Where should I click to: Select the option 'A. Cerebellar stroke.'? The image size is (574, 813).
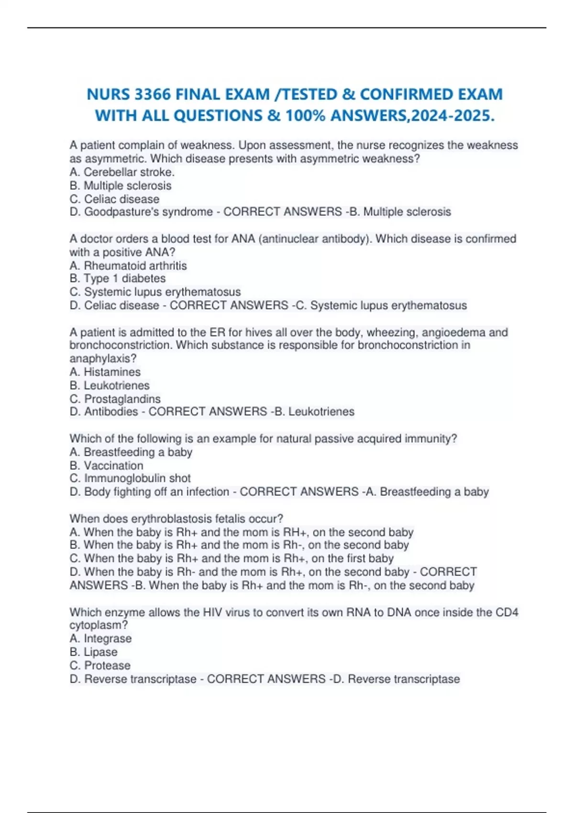[122, 172]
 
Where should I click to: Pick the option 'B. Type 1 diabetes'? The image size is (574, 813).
[118, 278]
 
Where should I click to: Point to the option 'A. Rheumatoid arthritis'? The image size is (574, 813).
[128, 265]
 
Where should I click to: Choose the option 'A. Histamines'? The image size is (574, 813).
[105, 372]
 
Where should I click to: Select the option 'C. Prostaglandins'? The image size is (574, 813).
[115, 398]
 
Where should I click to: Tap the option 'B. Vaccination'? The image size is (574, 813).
[106, 465]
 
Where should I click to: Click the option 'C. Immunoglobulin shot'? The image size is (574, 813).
[130, 478]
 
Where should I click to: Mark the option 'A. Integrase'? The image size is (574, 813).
[100, 638]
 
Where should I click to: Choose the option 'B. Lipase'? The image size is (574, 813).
[94, 652]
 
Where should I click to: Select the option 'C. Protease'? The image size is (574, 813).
[100, 665]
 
